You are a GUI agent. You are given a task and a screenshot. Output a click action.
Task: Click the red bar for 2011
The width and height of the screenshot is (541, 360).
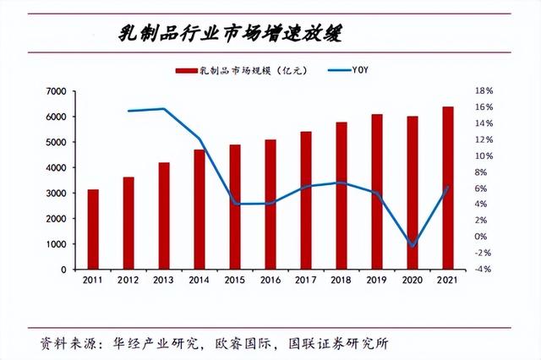pyautogui.click(x=93, y=229)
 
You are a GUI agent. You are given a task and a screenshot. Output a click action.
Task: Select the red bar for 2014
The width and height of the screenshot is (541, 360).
pyautogui.click(x=199, y=209)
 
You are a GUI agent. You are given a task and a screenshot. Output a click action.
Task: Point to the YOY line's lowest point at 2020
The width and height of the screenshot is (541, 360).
pyautogui.click(x=413, y=246)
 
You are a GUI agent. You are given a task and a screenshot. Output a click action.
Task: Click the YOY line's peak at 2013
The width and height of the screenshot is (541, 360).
pyautogui.click(x=164, y=109)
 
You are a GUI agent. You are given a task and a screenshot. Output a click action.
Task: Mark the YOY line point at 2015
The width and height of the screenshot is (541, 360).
pyautogui.click(x=235, y=204)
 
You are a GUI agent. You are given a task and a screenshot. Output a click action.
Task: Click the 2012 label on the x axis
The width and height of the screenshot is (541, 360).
pyautogui.click(x=128, y=280)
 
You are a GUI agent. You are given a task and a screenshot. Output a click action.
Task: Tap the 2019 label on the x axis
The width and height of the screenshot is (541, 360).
pyautogui.click(x=377, y=280)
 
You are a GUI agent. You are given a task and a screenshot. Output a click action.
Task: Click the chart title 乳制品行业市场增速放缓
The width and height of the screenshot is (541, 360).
pyautogui.click(x=233, y=34)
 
